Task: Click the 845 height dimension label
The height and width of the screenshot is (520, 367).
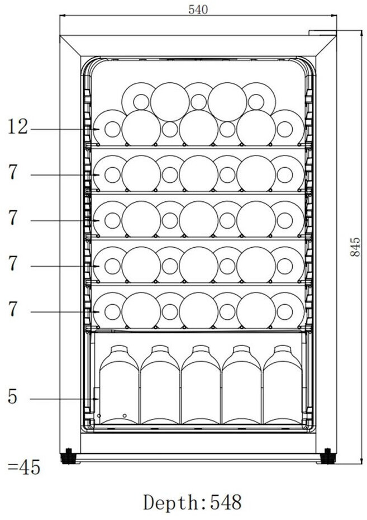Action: point(355,247)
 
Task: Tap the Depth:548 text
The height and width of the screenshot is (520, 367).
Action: point(193,502)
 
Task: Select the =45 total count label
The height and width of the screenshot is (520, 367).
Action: point(24,467)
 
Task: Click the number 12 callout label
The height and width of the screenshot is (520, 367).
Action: point(18,127)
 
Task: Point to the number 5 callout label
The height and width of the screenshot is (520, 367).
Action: point(12,397)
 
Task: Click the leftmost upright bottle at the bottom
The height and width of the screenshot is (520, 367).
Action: point(118,389)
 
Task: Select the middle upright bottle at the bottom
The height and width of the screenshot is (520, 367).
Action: point(201,389)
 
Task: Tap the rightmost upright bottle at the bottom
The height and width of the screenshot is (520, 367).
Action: point(283,389)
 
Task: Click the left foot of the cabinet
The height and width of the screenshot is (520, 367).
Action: point(68,456)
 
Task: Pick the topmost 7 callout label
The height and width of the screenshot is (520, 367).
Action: point(13,173)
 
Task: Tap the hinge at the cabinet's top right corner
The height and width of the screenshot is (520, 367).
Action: point(322,33)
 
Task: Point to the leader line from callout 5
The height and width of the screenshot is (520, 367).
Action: point(61,399)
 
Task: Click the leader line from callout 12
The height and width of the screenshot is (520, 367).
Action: point(61,130)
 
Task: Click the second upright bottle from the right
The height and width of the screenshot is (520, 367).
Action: point(242,389)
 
